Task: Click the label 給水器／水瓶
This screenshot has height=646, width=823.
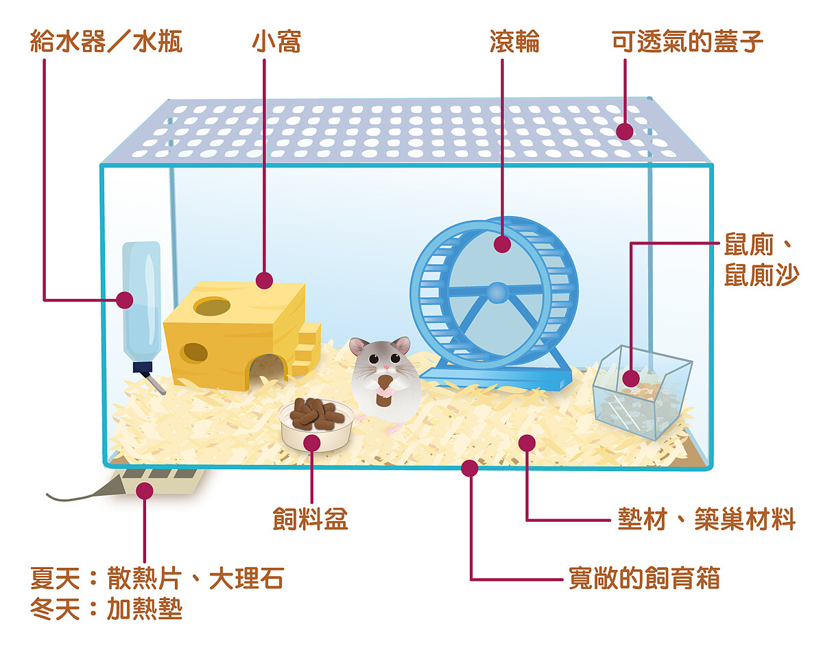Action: (x=106, y=43)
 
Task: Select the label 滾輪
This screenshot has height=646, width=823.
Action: (x=514, y=43)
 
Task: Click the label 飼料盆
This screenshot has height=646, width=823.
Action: (x=310, y=519)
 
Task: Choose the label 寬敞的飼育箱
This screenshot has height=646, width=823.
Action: (x=645, y=578)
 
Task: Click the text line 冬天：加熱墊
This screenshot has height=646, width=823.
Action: (x=106, y=609)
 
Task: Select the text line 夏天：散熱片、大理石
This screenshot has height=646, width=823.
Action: (x=156, y=579)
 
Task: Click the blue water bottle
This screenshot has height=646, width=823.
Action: (x=141, y=302)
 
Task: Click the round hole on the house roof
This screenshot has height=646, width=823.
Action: (x=212, y=306)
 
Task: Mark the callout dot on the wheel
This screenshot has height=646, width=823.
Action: (x=502, y=243)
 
